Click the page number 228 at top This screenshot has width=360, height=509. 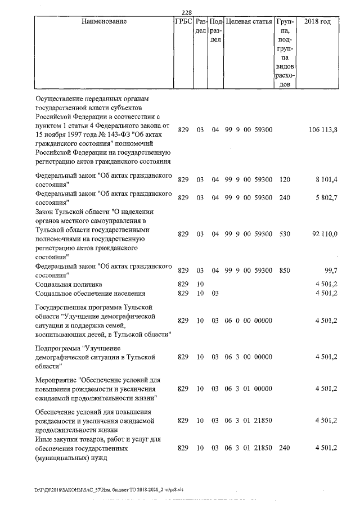pyautogui.click(x=188, y=13)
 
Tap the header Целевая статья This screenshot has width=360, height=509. pyautogui.click(x=249, y=22)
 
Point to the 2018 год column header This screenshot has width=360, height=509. pyautogui.click(x=317, y=22)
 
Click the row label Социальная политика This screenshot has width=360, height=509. pyautogui.click(x=69, y=285)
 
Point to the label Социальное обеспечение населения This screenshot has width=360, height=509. pyautogui.click(x=91, y=294)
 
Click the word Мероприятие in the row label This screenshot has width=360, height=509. pyautogui.click(x=56, y=380)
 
